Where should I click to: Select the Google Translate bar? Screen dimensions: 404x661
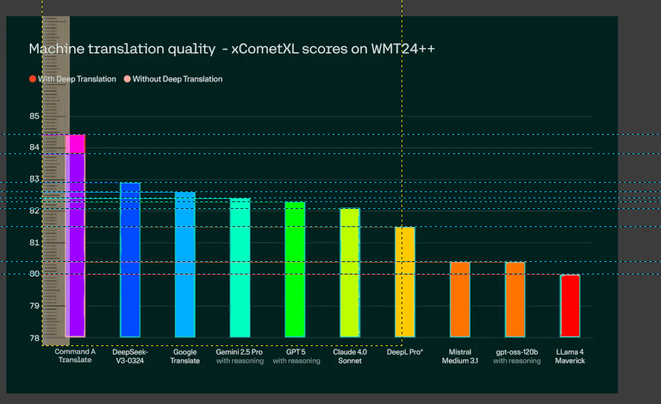point(185,264)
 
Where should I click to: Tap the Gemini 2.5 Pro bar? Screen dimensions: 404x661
point(240,267)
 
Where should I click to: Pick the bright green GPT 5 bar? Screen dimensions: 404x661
point(295,269)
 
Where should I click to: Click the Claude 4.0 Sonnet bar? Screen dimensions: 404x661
point(350,272)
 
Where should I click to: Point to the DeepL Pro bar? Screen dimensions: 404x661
point(405,282)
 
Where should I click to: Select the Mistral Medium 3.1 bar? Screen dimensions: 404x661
point(460,299)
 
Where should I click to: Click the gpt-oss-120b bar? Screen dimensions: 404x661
point(515,299)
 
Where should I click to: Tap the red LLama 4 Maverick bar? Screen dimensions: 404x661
point(570,305)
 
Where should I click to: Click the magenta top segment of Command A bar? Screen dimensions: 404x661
point(75,143)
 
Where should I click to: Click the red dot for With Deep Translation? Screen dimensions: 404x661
point(32,79)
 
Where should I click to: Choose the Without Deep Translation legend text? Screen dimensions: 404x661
point(177,79)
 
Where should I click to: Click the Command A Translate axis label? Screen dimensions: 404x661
point(75,356)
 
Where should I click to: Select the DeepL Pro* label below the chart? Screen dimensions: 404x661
point(405,352)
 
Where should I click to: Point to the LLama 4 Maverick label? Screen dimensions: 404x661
point(570,356)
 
